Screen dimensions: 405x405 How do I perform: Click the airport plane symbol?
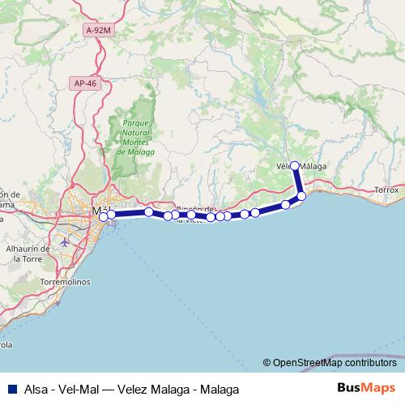pyautogui.click(x=66, y=241)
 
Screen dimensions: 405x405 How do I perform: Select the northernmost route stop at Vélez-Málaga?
pyautogui.click(x=295, y=166)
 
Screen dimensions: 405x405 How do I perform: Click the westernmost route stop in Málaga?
pyautogui.click(x=103, y=216)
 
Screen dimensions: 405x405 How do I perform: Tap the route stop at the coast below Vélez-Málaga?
pyautogui.click(x=301, y=196)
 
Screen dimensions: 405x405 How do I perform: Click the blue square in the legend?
pyautogui.click(x=10, y=388)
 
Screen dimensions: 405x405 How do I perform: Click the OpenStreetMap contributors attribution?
pyautogui.click(x=329, y=363)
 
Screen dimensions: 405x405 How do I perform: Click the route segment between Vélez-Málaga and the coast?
pyautogui.click(x=298, y=181)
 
